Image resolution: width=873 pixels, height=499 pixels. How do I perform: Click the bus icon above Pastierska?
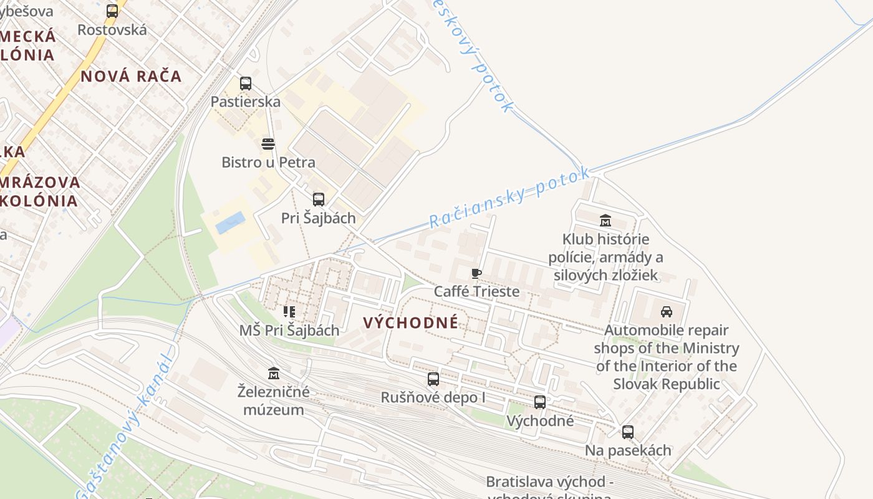[x=246, y=83]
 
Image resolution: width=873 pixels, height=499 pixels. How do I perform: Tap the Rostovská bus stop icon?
[x=112, y=11]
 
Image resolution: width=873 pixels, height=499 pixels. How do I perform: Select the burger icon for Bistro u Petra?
[x=268, y=144]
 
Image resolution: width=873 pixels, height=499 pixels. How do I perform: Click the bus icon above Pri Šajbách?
[x=319, y=200]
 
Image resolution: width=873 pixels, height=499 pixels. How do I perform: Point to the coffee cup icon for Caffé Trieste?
[x=476, y=273]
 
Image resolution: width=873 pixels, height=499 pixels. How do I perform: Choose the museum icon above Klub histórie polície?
[x=605, y=221]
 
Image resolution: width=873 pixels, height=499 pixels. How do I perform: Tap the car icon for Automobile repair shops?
[x=666, y=312]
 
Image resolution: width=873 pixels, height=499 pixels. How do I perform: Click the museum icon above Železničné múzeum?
[x=273, y=374]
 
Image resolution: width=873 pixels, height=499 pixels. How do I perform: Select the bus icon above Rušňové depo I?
[x=433, y=379]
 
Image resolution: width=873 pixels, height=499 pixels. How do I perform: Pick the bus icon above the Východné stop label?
[x=540, y=402]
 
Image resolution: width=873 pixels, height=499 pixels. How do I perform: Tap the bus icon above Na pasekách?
[x=627, y=432]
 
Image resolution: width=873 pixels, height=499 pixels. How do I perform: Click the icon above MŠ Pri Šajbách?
[x=289, y=311]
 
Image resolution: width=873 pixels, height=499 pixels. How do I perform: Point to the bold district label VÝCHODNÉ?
[x=410, y=322]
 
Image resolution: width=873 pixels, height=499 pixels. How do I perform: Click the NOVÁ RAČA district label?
[x=131, y=77]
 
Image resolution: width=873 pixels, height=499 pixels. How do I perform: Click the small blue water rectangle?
[x=230, y=223]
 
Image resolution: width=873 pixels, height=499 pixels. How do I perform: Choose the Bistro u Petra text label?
[x=268, y=162]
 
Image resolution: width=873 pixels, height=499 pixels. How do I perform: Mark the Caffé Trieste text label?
[x=476, y=291]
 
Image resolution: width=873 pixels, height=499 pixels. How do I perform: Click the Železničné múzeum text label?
[x=273, y=401]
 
